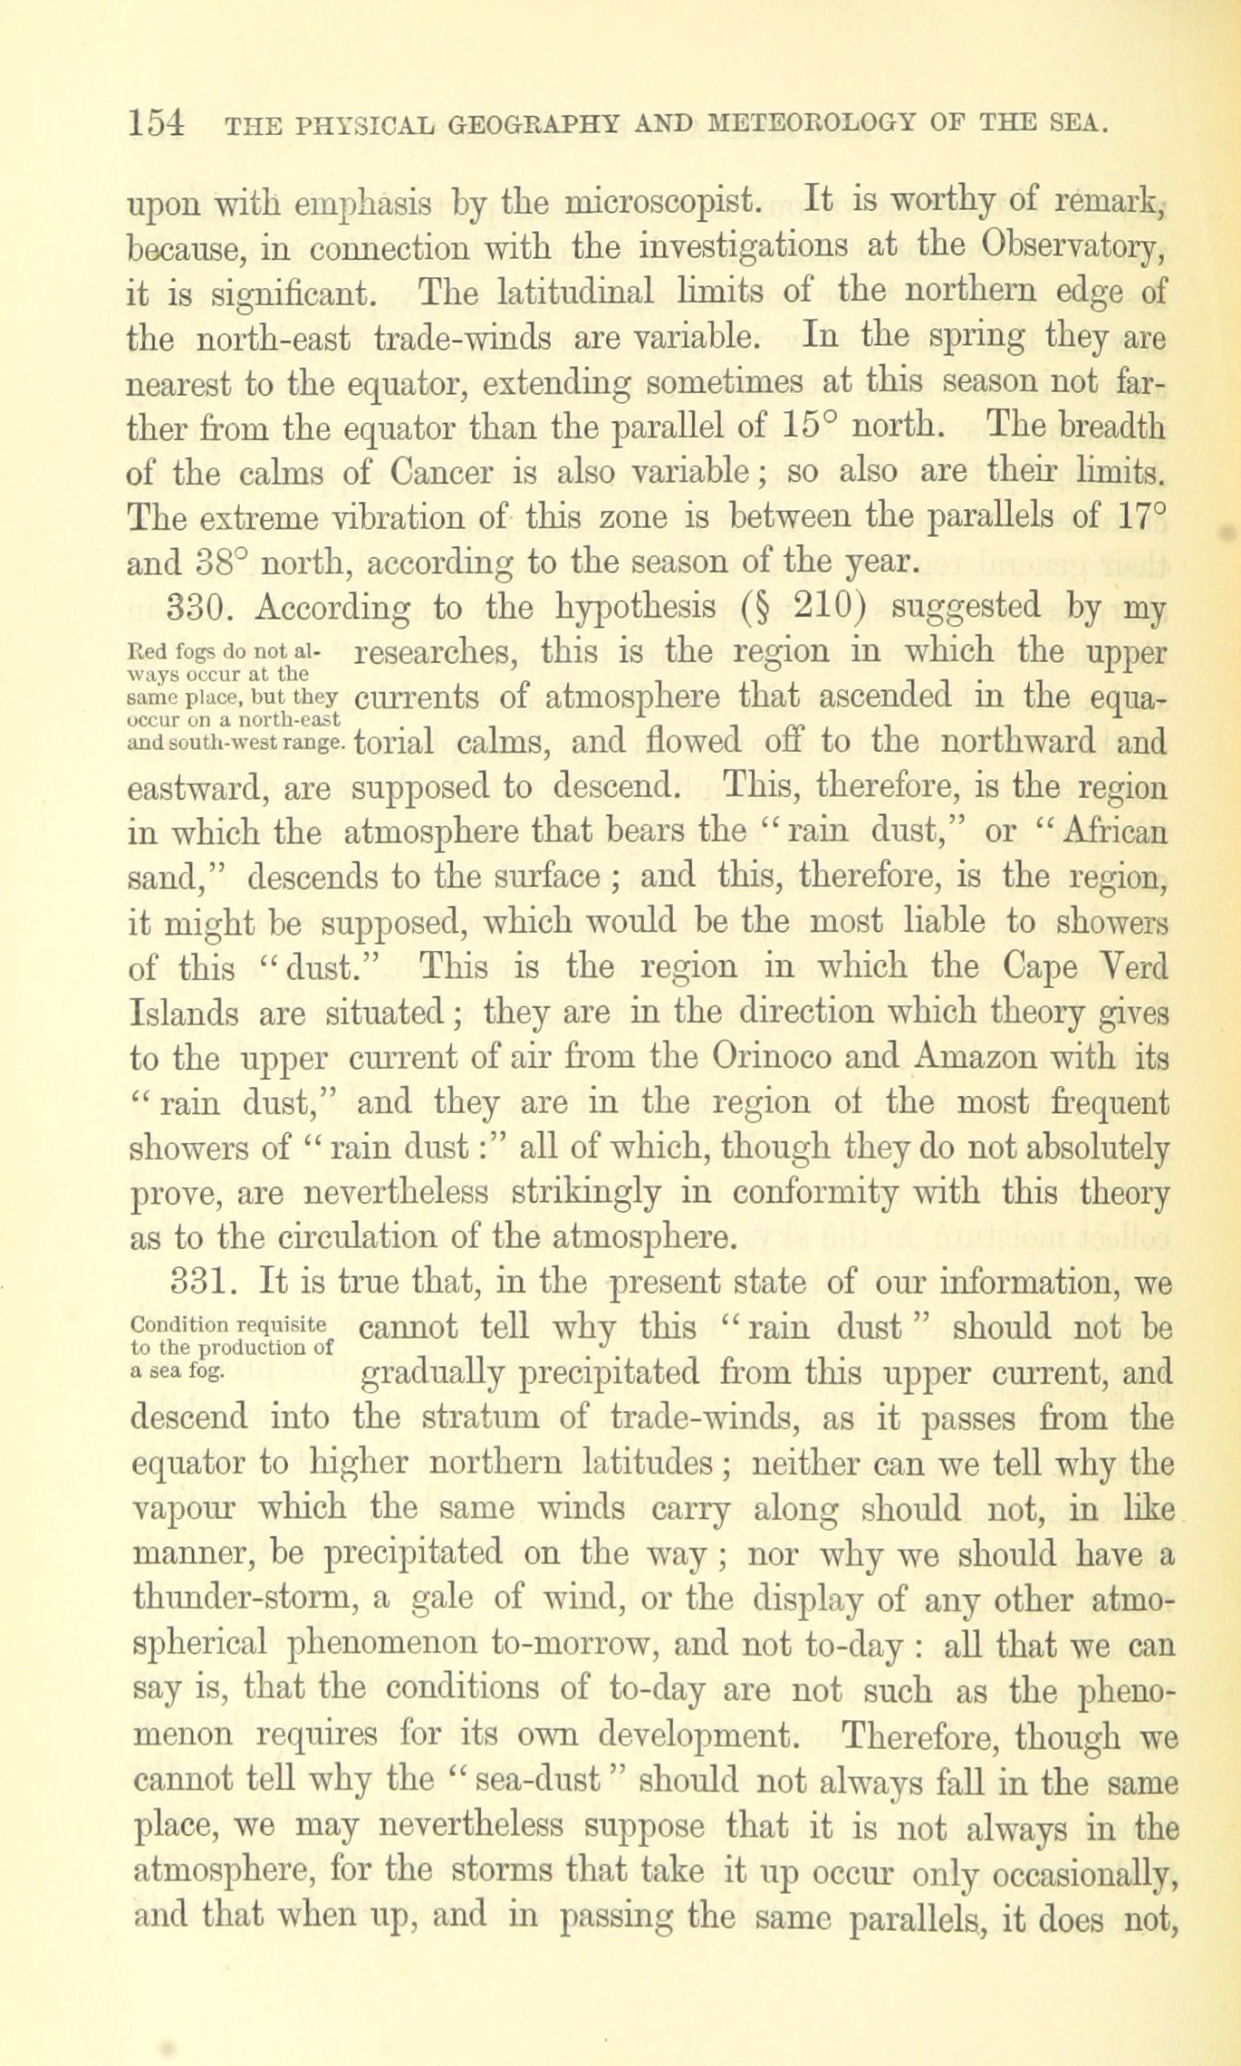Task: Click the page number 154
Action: click(158, 124)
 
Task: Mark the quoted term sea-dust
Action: click(538, 1780)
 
